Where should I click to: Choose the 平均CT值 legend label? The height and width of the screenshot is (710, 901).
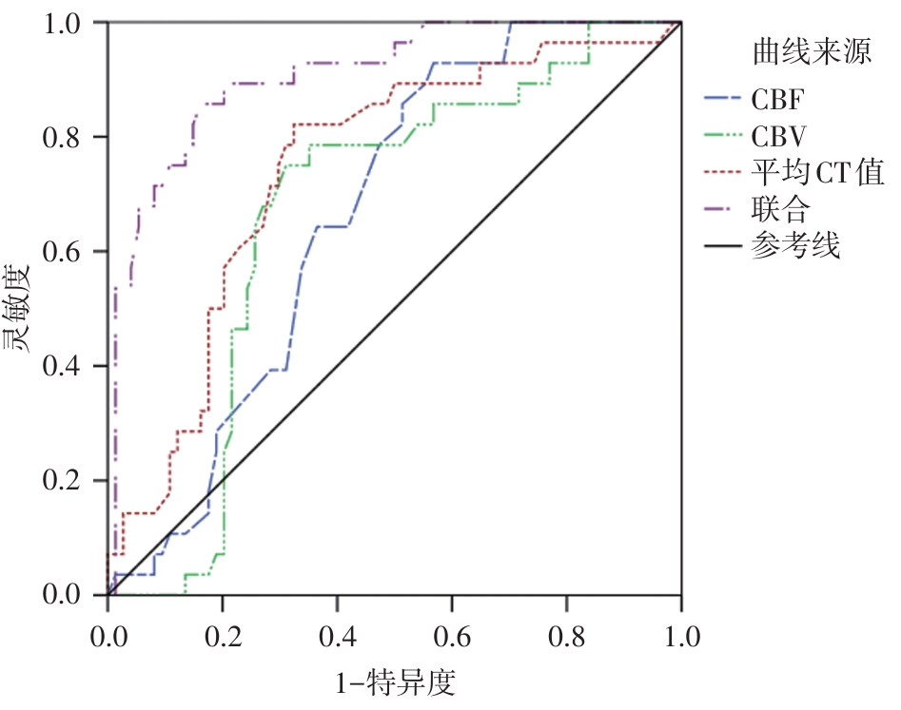point(817,173)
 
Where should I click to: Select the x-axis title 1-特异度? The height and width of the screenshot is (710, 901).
point(395,682)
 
